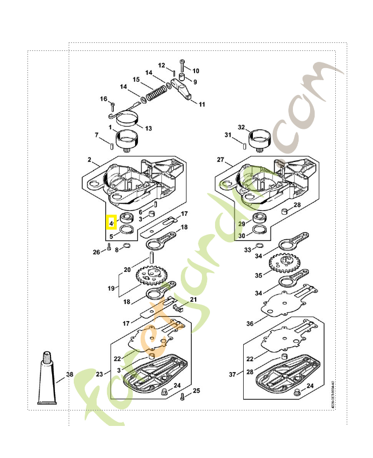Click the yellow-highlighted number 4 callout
coord(111,222)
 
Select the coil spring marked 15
coord(155,90)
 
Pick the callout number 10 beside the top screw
coord(196,71)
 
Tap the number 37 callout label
coord(232,374)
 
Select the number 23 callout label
coord(100,374)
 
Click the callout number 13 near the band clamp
coord(148,128)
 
